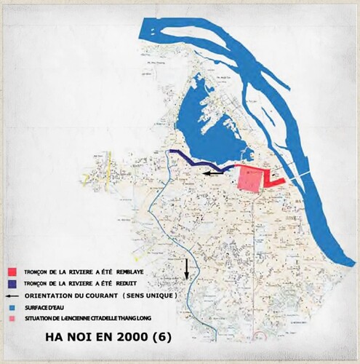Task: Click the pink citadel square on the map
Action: point(249,178)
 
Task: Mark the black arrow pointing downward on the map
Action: point(187,268)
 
